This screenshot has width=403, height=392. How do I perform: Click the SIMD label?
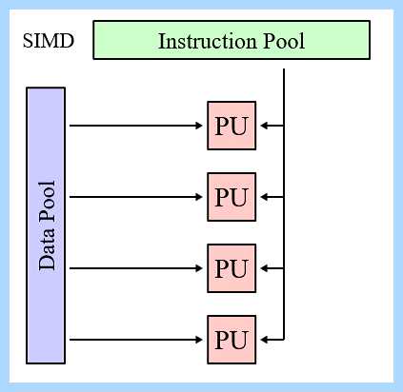pyautogui.click(x=49, y=41)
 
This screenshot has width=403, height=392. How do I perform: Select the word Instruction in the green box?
pyautogui.click(x=208, y=41)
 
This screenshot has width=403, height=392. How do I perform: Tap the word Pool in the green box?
pyautogui.click(x=284, y=41)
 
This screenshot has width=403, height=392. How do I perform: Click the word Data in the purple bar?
pyautogui.click(x=47, y=249)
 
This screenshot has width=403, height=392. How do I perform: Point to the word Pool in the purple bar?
pyautogui.click(x=47, y=202)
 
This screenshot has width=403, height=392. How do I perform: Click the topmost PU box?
pyautogui.click(x=232, y=126)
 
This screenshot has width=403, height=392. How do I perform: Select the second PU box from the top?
pyautogui.click(x=232, y=197)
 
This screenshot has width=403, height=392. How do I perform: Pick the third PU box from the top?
pyautogui.click(x=232, y=268)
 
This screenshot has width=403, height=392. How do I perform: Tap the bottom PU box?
pyautogui.click(x=232, y=340)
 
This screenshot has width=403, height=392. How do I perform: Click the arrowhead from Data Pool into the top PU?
pyautogui.click(x=199, y=126)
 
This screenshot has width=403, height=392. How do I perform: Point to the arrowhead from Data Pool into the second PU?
pyautogui.click(x=199, y=197)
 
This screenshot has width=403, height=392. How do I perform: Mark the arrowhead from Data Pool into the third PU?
pyautogui.click(x=199, y=268)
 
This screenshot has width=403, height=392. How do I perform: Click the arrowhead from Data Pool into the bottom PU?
pyautogui.click(x=199, y=340)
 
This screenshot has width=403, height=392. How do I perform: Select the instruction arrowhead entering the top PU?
pyautogui.click(x=264, y=126)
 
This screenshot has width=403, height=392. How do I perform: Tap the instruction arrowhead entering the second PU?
pyautogui.click(x=264, y=197)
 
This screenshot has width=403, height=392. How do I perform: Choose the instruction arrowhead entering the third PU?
pyautogui.click(x=264, y=268)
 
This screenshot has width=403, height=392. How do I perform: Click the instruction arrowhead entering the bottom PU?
pyautogui.click(x=264, y=340)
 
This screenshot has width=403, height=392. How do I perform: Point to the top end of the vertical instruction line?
pyautogui.click(x=284, y=69)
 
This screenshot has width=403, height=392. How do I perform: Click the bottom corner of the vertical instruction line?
pyautogui.click(x=284, y=340)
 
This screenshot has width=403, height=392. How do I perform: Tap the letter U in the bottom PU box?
pyautogui.click(x=239, y=340)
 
